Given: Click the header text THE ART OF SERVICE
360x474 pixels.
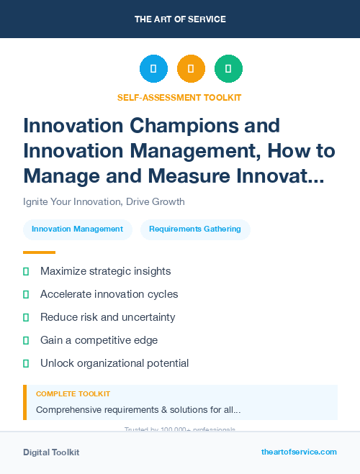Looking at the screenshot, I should pyautogui.click(x=180, y=19).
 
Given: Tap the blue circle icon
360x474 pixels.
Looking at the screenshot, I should pyautogui.click(x=153, y=69).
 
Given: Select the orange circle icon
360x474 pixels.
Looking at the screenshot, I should pyautogui.click(x=191, y=69).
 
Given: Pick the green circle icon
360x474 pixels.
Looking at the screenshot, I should pyautogui.click(x=228, y=69).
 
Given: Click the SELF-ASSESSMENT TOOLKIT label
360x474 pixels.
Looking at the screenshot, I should pyautogui.click(x=179, y=97).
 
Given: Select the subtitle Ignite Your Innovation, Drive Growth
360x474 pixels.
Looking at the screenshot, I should pyautogui.click(x=104, y=201).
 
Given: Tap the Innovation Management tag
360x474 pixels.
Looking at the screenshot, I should pyautogui.click(x=77, y=229).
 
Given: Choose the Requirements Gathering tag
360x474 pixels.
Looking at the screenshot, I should pyautogui.click(x=195, y=229).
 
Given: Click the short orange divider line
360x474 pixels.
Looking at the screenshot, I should pyautogui.click(x=39, y=252).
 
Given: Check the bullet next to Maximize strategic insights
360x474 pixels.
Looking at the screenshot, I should pyautogui.click(x=27, y=272).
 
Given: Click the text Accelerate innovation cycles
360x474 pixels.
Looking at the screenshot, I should pyautogui.click(x=109, y=294).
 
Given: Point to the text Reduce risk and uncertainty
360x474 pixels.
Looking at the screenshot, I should pyautogui.click(x=107, y=317).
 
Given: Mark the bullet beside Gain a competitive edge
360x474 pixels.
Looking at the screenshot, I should pyautogui.click(x=27, y=340).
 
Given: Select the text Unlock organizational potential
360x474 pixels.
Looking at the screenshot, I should pyautogui.click(x=114, y=363).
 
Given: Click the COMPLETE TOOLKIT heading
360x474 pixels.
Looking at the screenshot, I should pyautogui.click(x=73, y=394).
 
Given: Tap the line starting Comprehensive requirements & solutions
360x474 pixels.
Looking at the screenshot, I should pyautogui.click(x=138, y=410).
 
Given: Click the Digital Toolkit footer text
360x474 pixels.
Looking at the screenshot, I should pyautogui.click(x=51, y=452).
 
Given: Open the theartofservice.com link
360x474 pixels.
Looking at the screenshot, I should pyautogui.click(x=299, y=452).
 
